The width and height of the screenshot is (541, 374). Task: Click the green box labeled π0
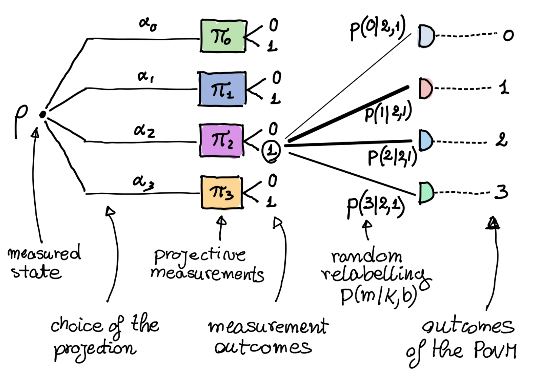(223, 36)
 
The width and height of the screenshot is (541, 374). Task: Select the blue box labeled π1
(222, 89)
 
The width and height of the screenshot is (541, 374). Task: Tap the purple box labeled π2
(222, 140)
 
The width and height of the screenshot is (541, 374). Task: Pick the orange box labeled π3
(222, 192)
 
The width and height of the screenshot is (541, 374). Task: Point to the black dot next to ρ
(42, 115)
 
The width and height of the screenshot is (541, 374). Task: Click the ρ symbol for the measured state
(21, 119)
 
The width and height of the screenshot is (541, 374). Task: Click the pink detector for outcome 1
(426, 88)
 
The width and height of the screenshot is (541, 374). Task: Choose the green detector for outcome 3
(426, 192)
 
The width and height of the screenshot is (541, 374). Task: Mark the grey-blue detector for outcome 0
(426, 36)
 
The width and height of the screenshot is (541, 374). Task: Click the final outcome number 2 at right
(501, 140)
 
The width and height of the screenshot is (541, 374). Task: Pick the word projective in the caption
(200, 256)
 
